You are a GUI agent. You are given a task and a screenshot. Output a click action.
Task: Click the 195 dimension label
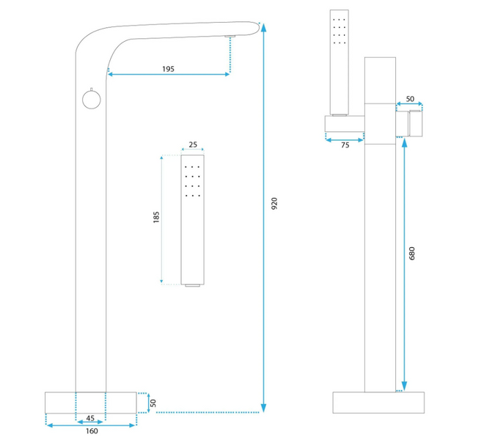168,68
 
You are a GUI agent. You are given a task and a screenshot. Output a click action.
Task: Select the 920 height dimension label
274,205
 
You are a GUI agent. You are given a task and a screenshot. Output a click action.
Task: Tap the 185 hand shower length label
156,218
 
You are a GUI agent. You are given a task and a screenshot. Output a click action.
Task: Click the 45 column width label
90,419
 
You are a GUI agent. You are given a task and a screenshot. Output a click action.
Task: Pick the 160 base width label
91,430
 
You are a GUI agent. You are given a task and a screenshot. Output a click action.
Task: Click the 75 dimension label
344,145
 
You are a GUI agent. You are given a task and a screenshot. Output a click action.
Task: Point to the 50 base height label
153,403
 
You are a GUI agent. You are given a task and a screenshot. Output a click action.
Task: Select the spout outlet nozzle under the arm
230,36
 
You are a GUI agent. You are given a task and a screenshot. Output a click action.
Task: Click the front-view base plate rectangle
91,403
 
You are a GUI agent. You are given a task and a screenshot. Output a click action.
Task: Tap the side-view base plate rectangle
379,403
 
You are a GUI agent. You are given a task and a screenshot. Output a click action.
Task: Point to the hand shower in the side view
340,62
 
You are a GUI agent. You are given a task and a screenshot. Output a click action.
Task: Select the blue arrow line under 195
169,74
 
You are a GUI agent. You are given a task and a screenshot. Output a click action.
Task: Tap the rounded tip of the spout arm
258,27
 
